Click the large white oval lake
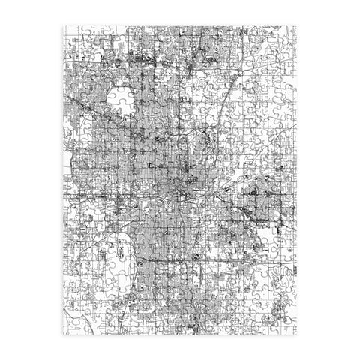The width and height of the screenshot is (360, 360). coord(118,100)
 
